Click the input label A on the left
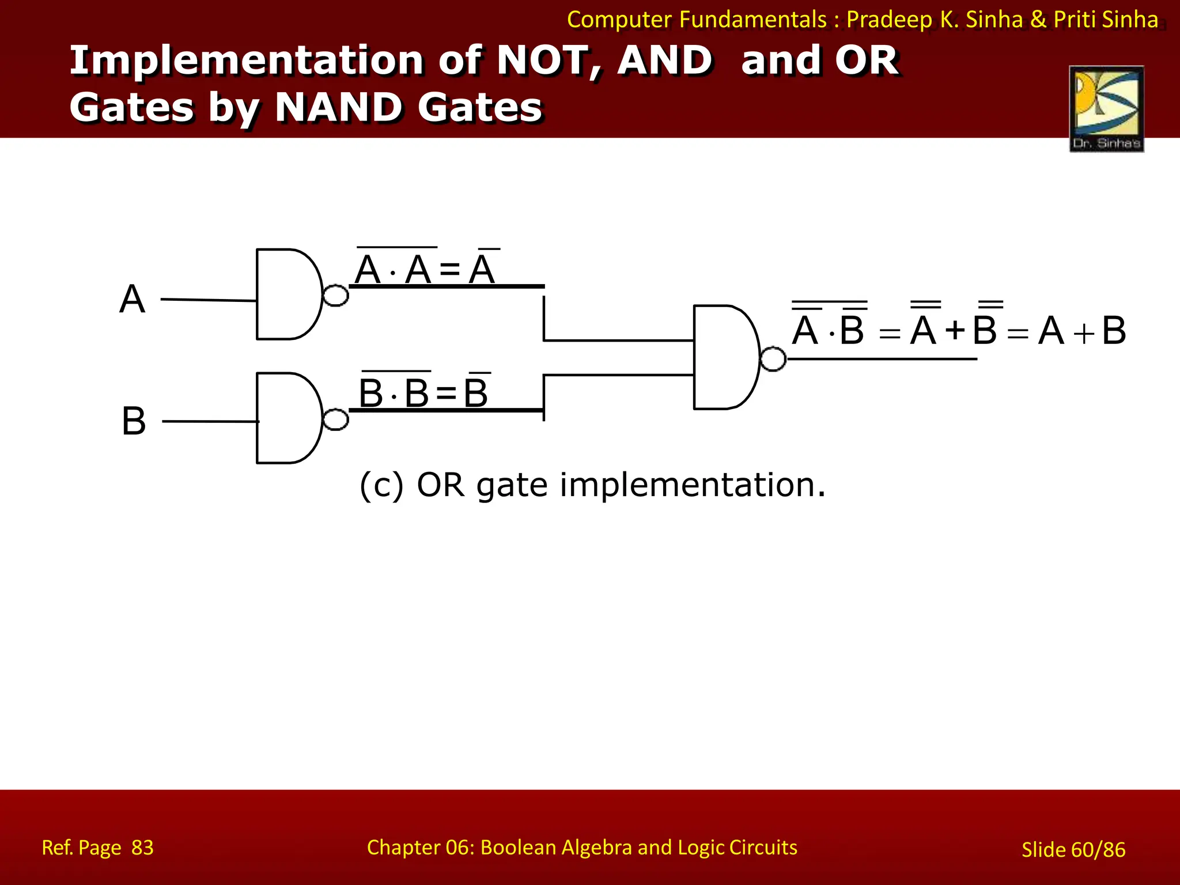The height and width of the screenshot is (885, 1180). click(132, 299)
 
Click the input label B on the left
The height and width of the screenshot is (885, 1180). click(134, 421)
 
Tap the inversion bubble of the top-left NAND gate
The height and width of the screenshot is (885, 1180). click(335, 296)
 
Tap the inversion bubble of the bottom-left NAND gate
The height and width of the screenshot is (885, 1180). click(335, 419)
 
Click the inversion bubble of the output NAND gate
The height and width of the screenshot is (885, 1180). click(773, 359)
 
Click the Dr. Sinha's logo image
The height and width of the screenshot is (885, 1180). click(1106, 109)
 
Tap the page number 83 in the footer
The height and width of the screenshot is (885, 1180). click(142, 848)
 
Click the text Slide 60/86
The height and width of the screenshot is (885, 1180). click(1073, 849)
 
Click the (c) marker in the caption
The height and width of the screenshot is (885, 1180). click(381, 485)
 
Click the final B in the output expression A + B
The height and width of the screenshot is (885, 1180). click(1113, 331)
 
